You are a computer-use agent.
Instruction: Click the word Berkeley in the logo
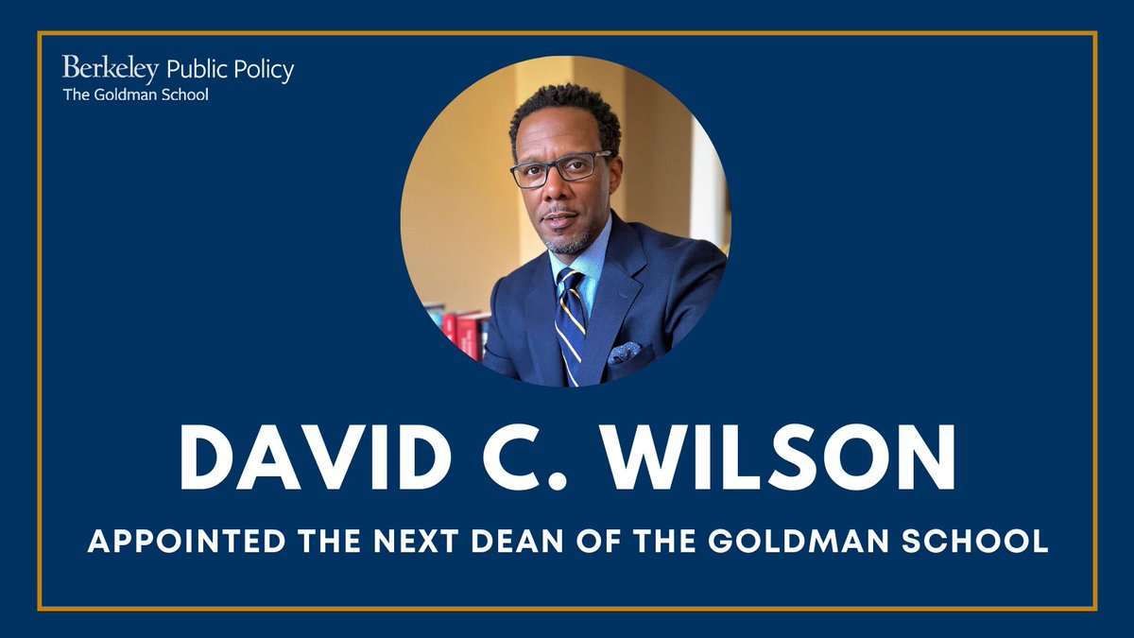pos(111,69)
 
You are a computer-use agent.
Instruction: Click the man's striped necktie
pos(570,321)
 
